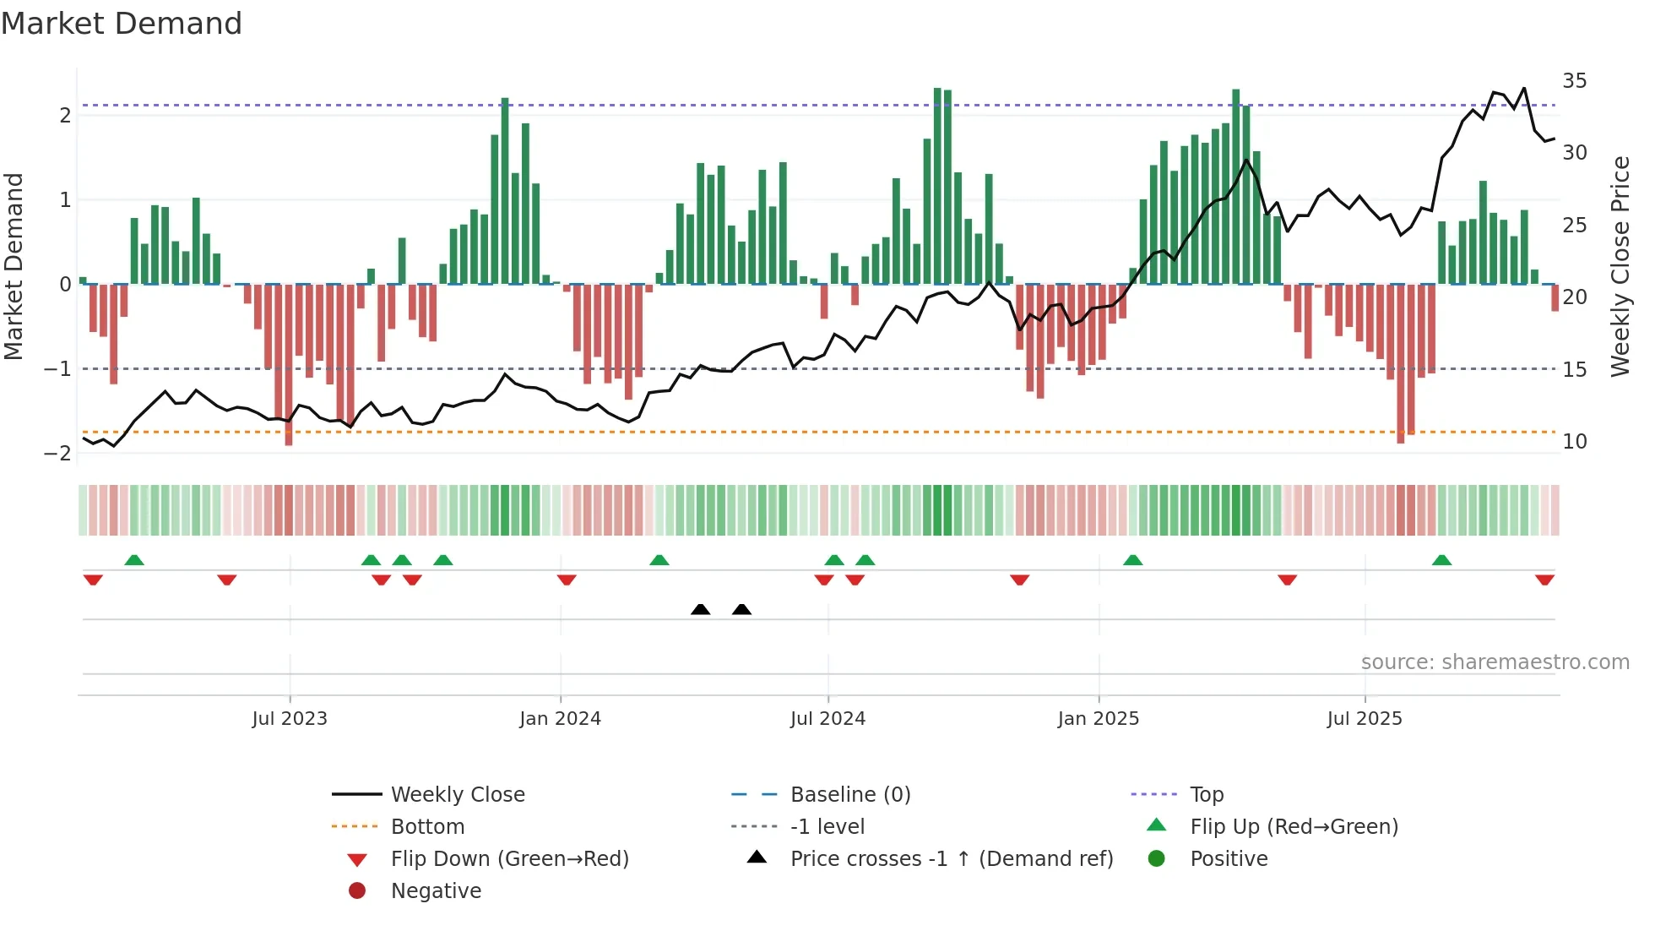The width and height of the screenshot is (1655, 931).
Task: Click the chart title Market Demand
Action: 122,24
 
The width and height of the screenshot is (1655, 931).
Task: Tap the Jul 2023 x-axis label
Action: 290,719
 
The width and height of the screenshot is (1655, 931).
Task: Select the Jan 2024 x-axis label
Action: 560,719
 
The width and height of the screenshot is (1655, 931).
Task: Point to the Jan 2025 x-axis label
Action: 1098,719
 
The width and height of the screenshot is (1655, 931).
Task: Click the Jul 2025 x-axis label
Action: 1364,719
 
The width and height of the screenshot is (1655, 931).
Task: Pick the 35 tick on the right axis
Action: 1574,81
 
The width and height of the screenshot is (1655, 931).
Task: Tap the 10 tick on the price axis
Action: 1574,442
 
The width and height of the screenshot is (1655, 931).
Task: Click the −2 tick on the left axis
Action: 57,454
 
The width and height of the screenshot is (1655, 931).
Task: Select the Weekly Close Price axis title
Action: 1620,266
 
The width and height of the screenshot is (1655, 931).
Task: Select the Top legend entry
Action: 1206,795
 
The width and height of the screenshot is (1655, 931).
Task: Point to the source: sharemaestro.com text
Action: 1495,662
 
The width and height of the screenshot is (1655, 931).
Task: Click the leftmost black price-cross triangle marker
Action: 700,609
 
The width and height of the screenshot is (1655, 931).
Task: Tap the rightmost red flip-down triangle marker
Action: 1544,580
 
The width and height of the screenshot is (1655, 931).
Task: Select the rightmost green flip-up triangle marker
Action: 1441,560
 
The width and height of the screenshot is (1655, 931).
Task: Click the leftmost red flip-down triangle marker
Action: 93,580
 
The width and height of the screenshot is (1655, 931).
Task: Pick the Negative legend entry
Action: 436,891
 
